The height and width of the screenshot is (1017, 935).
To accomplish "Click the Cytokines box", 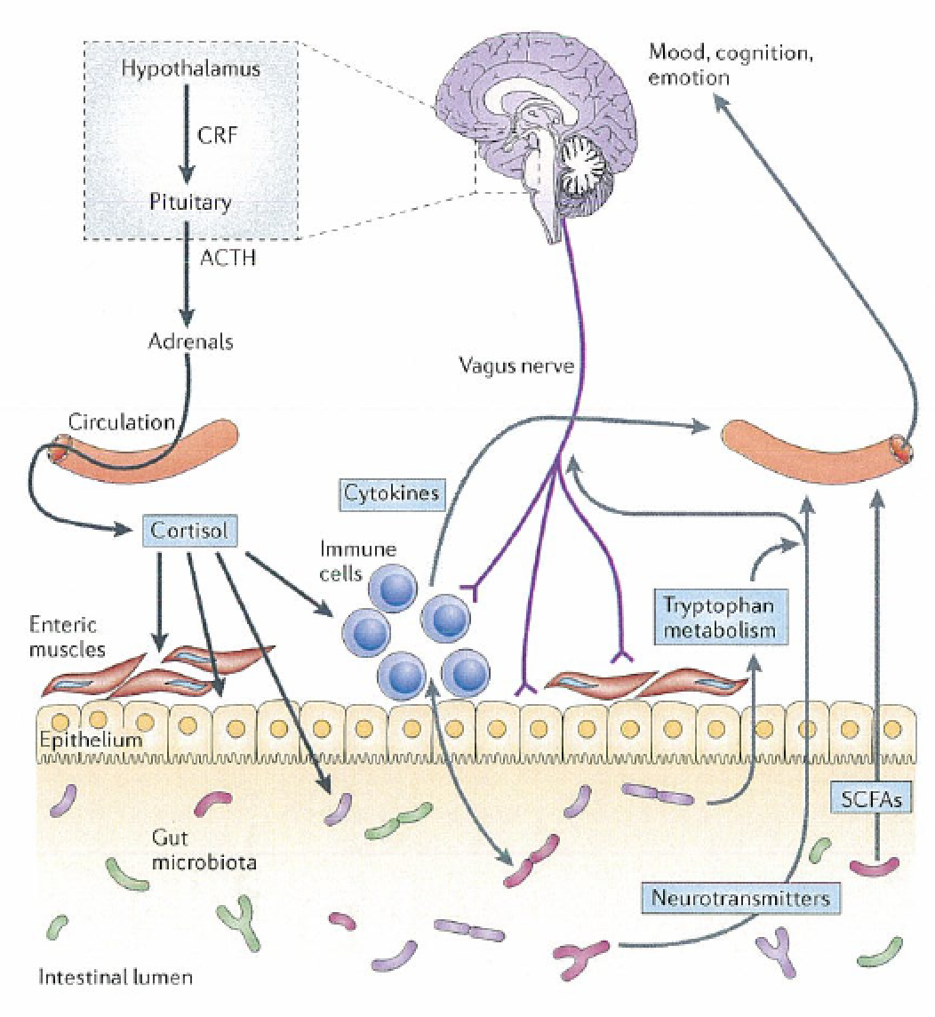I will point(391,493).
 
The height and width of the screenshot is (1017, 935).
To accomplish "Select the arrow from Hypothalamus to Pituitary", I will point(185,135).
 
